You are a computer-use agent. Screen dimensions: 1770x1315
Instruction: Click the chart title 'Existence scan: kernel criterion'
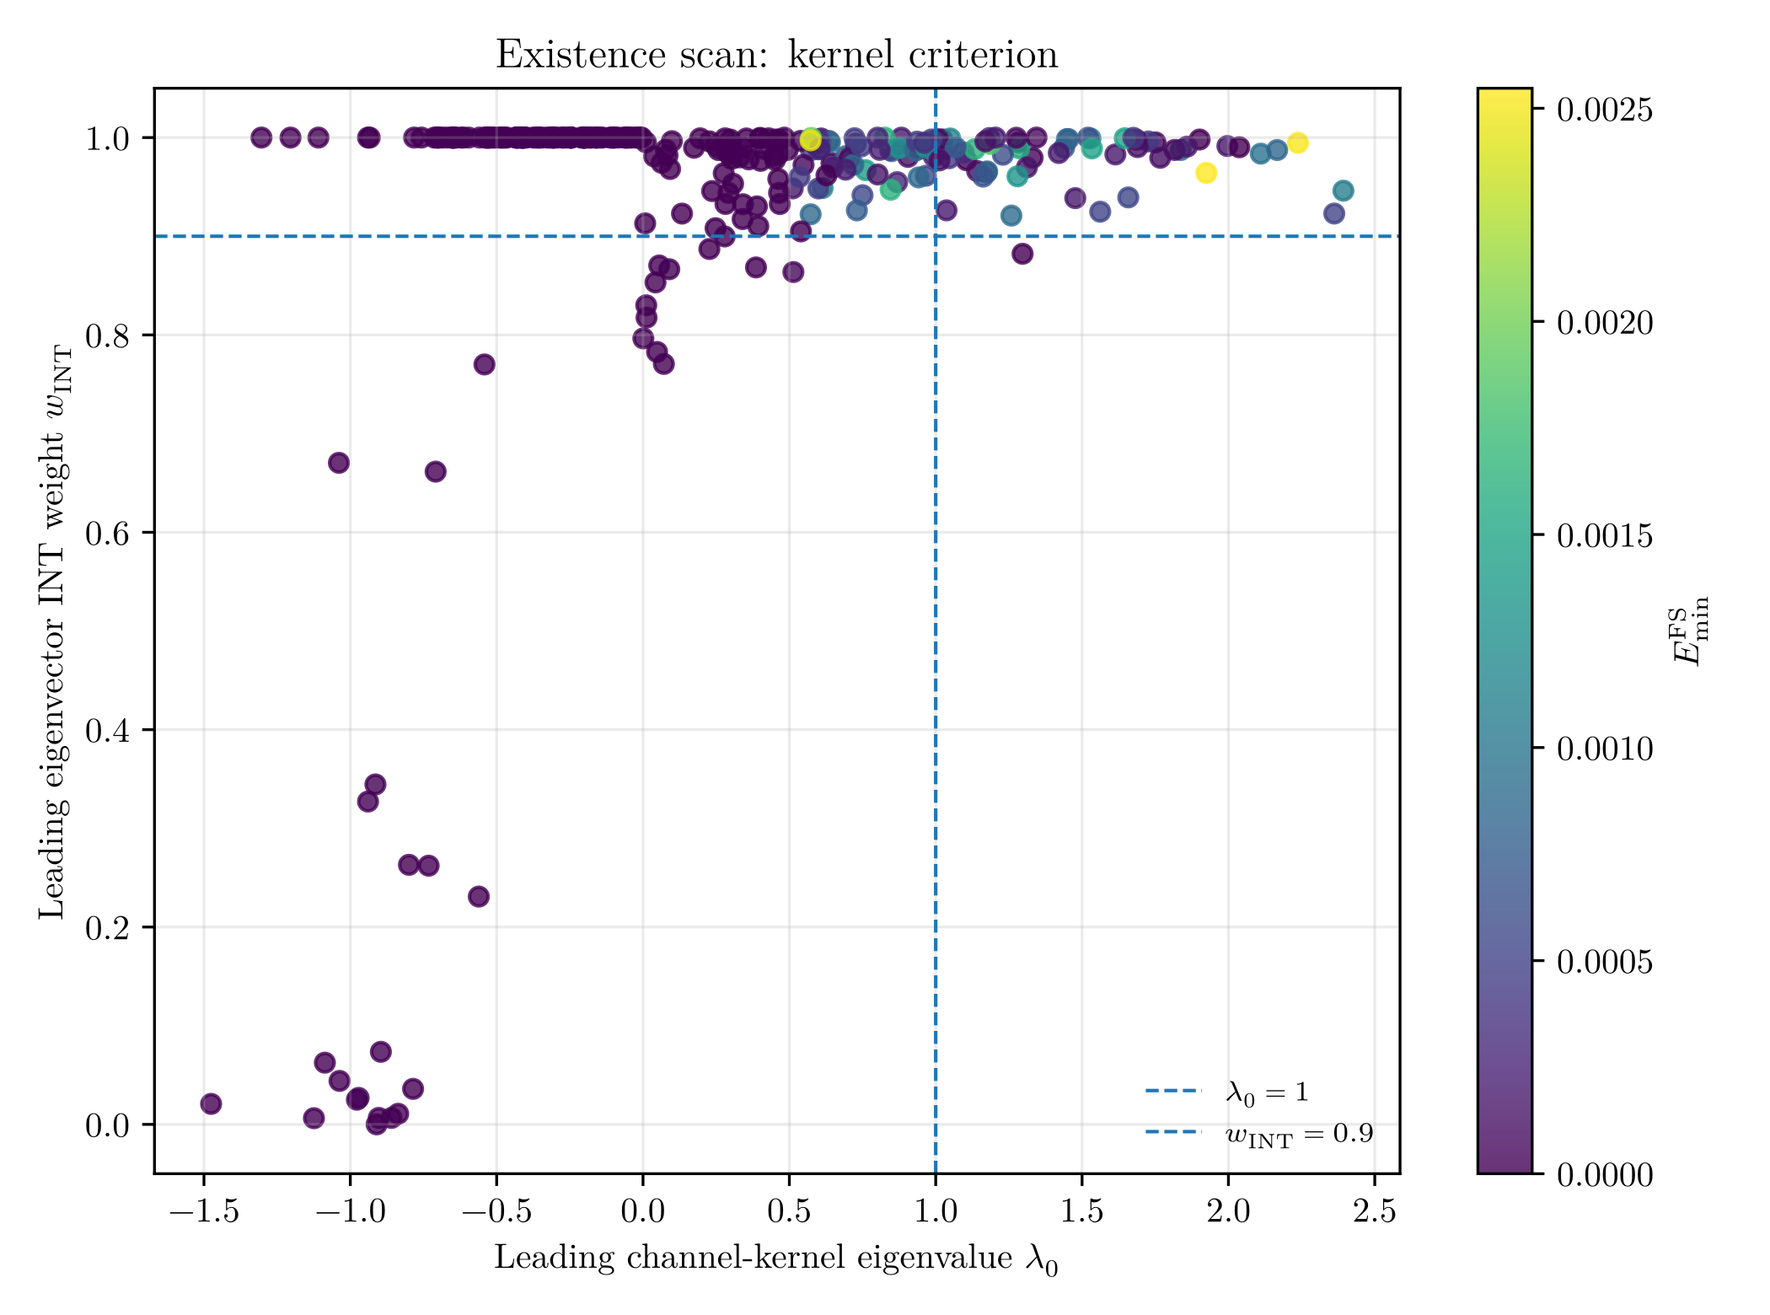pos(776,56)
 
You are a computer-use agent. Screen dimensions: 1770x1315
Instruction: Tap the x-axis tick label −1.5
pos(204,1212)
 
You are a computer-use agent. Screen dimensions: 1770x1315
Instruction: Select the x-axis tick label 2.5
pos(1375,1212)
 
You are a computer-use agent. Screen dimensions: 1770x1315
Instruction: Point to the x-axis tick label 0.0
pos(643,1212)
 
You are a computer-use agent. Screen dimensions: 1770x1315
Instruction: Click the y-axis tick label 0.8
pos(107,335)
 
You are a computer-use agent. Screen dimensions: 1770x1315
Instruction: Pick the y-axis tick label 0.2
pos(107,927)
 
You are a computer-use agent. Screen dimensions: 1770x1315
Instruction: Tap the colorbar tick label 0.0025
pos(1605,110)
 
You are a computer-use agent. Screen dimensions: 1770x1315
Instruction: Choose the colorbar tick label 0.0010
pos(1605,748)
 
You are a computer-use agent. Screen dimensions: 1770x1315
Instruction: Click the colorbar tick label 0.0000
pos(1605,1173)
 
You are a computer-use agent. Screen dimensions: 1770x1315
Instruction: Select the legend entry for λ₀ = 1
pos(1226,1092)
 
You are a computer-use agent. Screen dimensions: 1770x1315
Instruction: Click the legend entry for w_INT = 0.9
pos(1259,1134)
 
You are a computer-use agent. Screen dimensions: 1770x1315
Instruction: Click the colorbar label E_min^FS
pos(1691,631)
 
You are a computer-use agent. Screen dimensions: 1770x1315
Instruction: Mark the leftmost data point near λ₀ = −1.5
pos(211,1103)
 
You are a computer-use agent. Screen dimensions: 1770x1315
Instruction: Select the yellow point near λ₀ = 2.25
pos(1298,142)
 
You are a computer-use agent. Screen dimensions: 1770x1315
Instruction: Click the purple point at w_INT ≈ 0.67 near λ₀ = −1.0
pos(339,463)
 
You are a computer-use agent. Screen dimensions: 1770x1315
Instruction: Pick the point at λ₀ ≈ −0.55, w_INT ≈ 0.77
pos(485,364)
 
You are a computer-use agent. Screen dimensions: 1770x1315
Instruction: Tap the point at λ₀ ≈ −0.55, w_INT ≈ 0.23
pos(479,896)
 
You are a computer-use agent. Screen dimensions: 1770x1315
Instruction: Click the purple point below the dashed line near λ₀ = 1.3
pos(1022,254)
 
